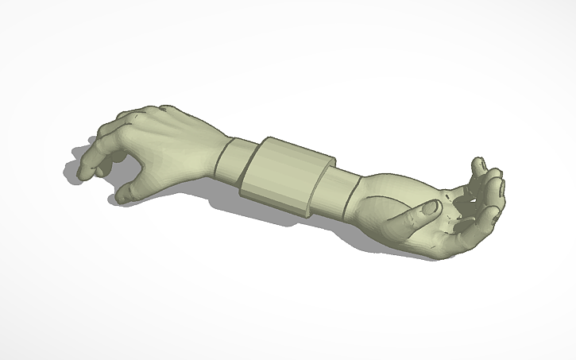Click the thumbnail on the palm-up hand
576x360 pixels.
[431, 207]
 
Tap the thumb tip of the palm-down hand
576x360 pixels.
[125, 193]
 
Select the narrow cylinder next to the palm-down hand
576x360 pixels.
[237, 161]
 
